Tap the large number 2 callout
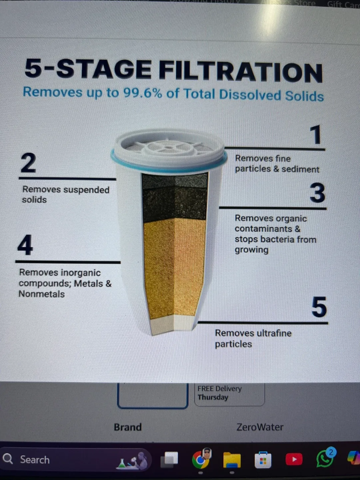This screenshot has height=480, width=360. pyautogui.click(x=28, y=163)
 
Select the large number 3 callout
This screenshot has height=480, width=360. pyautogui.click(x=317, y=193)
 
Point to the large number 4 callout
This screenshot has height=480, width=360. pyautogui.click(x=25, y=245)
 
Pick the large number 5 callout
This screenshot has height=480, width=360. pyautogui.click(x=319, y=307)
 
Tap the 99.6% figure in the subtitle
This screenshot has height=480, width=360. pyautogui.click(x=143, y=93)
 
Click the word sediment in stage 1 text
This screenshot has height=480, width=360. pyautogui.click(x=300, y=169)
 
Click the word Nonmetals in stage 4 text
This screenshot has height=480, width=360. pyautogui.click(x=42, y=294)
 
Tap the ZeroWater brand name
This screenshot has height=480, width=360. pyautogui.click(x=260, y=427)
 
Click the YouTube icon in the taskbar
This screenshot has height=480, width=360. pyautogui.click(x=294, y=459)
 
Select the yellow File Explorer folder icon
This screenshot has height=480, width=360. pyautogui.click(x=232, y=460)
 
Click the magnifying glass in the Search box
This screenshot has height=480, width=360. pyautogui.click(x=8, y=459)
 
